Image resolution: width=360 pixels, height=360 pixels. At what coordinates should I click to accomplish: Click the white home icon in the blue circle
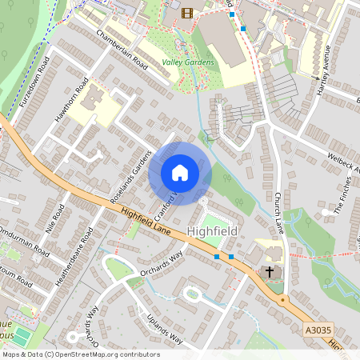point(179,172)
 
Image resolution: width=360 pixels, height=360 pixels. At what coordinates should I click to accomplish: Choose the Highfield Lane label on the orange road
point(149,222)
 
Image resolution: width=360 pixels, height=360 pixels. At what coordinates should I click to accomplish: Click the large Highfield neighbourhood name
point(211,231)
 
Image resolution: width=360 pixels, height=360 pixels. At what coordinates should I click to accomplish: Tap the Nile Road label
point(56,215)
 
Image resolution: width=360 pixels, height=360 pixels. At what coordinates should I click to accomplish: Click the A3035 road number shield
point(318,327)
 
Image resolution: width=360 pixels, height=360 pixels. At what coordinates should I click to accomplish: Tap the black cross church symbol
point(270,273)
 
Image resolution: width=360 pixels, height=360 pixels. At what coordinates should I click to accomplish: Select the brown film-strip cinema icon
point(187,12)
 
